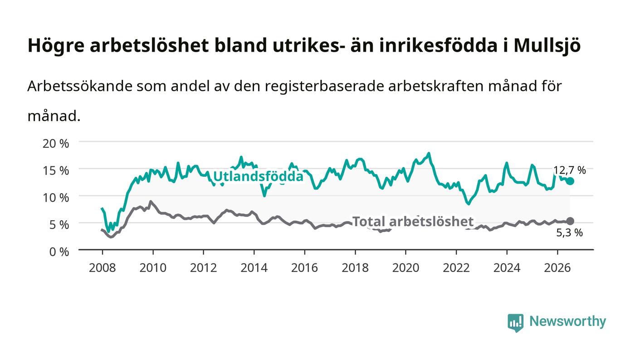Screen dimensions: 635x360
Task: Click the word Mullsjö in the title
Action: [547, 45]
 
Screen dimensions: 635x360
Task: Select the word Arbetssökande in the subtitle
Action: [80, 86]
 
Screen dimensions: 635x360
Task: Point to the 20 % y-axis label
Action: [56, 143]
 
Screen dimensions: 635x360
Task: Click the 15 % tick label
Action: [56, 170]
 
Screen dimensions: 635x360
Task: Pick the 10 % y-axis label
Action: [56, 198]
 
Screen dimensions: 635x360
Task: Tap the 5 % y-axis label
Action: [59, 225]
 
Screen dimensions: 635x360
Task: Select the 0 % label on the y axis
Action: [59, 252]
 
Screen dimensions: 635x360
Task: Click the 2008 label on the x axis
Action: [103, 268]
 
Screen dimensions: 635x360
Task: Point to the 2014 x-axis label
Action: [254, 268]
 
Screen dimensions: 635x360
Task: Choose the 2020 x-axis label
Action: [405, 268]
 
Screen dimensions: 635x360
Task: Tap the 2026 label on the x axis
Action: [557, 268]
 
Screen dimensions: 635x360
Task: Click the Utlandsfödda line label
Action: [258, 176]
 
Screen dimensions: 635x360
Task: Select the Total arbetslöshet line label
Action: [413, 221]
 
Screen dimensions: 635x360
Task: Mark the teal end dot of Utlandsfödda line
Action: [570, 181]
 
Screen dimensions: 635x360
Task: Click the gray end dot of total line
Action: [570, 221]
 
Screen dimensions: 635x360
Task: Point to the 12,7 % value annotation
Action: [570, 170]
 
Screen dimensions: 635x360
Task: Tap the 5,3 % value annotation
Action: [570, 233]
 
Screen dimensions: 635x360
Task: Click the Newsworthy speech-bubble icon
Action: [516, 322]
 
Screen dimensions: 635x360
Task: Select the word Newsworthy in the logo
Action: [568, 321]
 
